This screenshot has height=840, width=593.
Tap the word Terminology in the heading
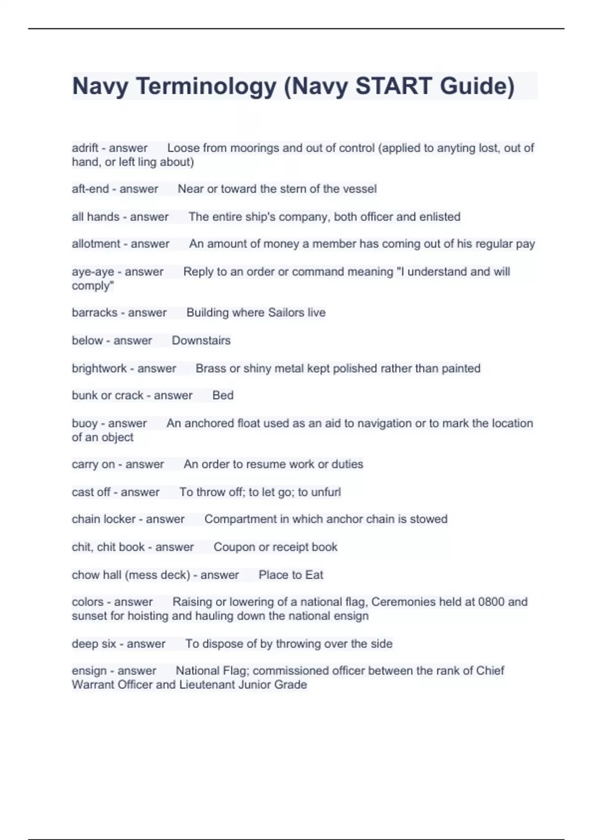coord(206,86)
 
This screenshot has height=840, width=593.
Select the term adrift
coord(85,148)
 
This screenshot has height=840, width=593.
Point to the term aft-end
coord(90,189)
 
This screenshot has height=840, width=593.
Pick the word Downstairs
coord(201,340)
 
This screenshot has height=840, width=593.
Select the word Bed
coord(223,395)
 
